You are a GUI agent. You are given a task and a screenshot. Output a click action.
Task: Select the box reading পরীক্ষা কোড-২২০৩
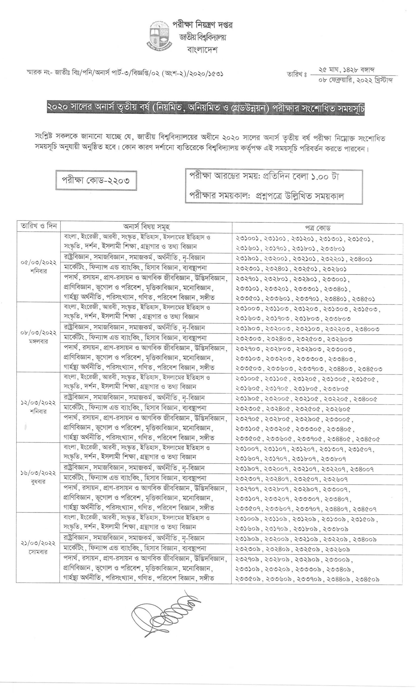point(96,180)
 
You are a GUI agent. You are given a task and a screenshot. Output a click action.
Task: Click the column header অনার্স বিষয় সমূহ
point(146,227)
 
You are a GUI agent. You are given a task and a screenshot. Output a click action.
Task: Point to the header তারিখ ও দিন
point(38,226)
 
